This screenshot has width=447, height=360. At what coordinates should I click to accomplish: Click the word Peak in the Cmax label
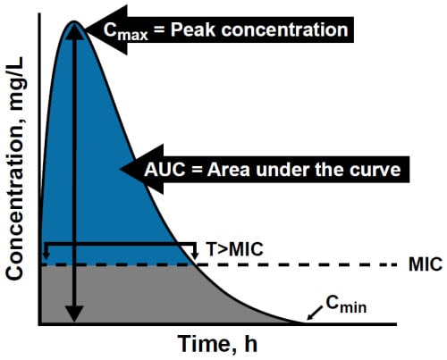(x=193, y=29)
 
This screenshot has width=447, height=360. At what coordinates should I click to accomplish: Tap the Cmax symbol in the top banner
(x=125, y=31)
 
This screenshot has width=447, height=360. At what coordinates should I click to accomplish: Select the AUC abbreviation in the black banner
(x=164, y=170)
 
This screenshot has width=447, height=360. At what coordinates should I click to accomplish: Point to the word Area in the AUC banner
(x=228, y=170)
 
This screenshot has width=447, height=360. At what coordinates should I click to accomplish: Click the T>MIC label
(x=235, y=249)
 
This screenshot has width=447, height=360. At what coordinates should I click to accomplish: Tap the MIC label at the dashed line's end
(x=426, y=264)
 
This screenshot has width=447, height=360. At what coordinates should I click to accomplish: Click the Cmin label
(x=346, y=305)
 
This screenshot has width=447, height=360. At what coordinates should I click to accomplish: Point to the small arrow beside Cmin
(x=315, y=314)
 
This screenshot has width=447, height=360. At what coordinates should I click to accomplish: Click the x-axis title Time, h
(x=217, y=345)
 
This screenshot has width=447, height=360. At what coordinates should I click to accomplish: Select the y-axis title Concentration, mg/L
(x=15, y=169)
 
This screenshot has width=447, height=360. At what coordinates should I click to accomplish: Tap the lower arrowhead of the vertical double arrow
(x=74, y=314)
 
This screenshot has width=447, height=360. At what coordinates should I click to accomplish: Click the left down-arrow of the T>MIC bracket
(x=46, y=255)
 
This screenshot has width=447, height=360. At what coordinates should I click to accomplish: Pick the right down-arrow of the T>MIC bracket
(x=195, y=255)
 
